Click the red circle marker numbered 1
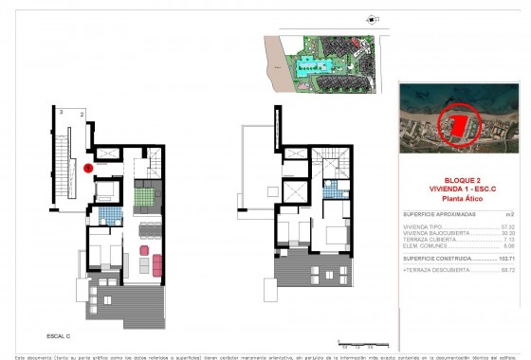87,169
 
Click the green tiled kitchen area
145,196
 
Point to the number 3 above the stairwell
62,113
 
